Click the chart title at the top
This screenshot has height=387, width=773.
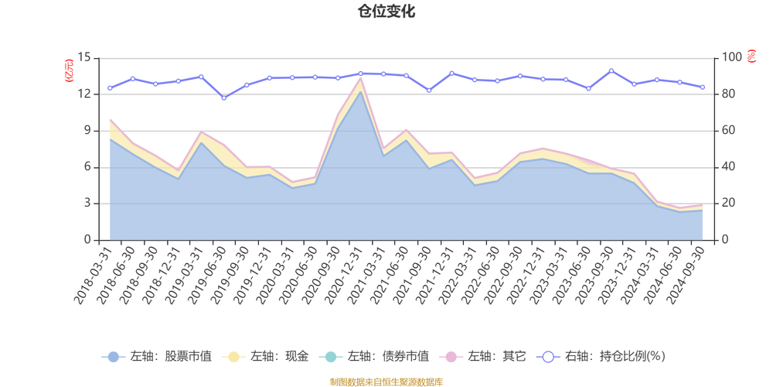(386, 12)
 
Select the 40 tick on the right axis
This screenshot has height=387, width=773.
(730, 166)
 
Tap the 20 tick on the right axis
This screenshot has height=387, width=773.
(730, 203)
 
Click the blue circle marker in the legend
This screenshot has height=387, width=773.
(113, 357)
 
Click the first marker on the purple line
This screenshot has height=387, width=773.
(109, 87)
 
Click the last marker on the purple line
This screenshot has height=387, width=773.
(703, 87)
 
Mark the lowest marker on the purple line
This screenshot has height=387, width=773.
(224, 98)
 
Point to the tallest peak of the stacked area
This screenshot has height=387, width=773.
(360, 77)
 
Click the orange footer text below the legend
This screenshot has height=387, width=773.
(386, 381)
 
